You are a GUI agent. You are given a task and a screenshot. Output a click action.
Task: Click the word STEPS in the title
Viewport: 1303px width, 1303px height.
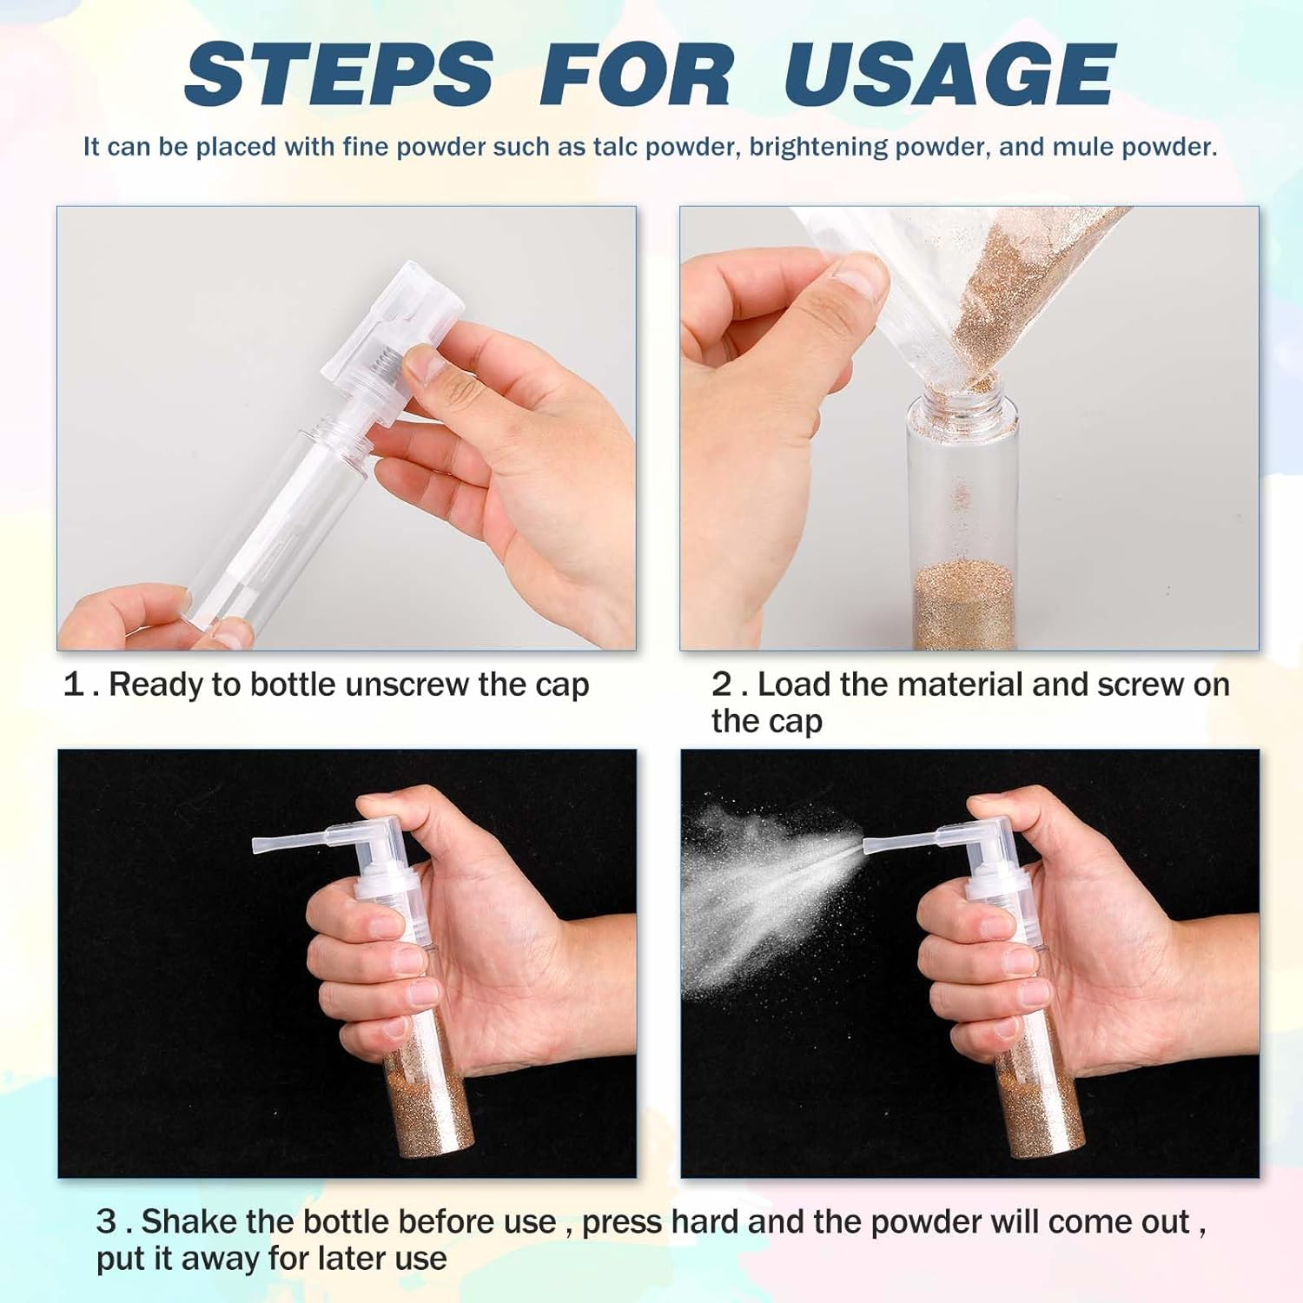pos(339,76)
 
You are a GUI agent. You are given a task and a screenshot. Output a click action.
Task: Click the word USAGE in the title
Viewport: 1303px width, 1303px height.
pos(949,76)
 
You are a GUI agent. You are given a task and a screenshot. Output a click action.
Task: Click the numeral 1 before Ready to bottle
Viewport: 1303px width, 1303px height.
pos(74,685)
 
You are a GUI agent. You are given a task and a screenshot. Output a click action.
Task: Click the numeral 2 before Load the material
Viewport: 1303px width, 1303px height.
pos(722,685)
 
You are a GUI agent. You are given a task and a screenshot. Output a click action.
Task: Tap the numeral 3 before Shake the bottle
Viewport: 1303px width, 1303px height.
pos(106,1222)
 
